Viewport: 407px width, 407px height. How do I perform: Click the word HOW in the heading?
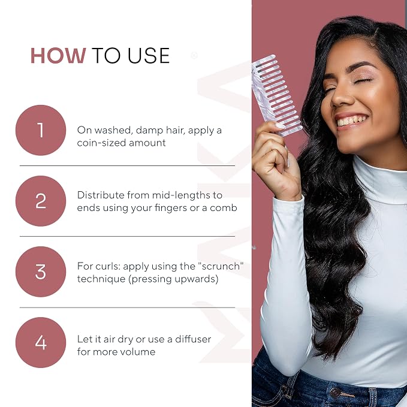[58, 56]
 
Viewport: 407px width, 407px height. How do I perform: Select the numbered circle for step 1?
[41, 130]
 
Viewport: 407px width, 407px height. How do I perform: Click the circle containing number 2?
[41, 201]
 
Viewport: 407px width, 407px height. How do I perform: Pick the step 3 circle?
[41, 272]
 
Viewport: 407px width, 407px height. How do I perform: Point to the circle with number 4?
[41, 342]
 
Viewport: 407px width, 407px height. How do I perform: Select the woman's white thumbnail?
[280, 126]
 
